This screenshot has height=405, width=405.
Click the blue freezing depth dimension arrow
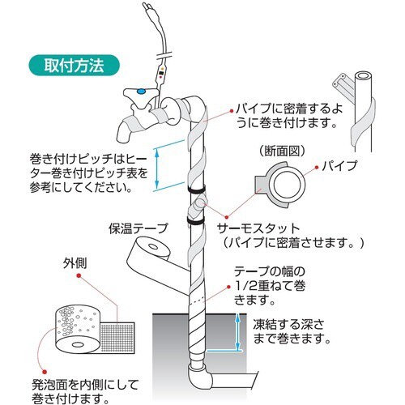click(x=237, y=333)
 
